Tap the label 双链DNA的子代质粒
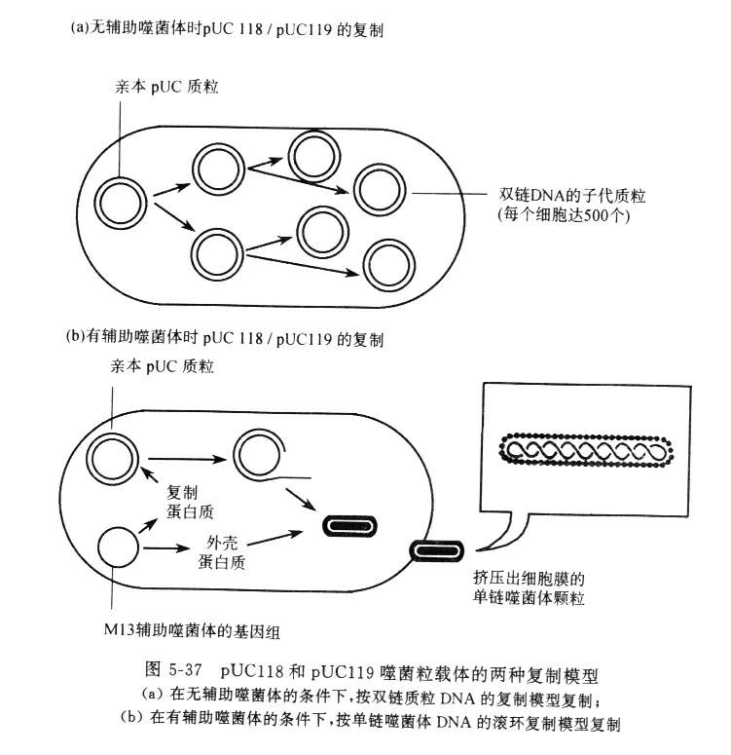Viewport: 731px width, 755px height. [x=571, y=196]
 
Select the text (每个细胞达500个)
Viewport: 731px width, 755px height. [x=564, y=213]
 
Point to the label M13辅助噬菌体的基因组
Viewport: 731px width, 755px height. [x=192, y=630]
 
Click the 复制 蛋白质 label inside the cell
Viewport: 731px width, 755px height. [x=190, y=502]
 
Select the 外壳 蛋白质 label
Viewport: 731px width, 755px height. [x=221, y=551]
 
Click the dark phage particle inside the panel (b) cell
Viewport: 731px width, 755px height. [x=349, y=526]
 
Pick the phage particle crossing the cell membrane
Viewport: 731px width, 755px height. [x=436, y=550]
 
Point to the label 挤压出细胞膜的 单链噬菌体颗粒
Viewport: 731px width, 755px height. [x=529, y=587]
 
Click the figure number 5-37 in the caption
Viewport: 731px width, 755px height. [x=185, y=670]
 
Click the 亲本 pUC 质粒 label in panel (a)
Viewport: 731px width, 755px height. [x=166, y=87]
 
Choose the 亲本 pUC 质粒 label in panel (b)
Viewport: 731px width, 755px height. [x=162, y=366]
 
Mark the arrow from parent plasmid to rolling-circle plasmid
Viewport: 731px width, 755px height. [x=186, y=459]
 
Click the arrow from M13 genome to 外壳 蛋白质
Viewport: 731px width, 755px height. [x=166, y=547]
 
